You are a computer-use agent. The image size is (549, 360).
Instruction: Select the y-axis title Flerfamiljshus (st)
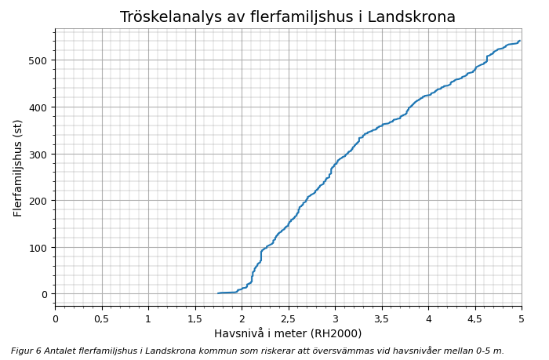18,168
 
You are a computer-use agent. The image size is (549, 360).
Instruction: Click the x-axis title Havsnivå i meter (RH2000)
288,334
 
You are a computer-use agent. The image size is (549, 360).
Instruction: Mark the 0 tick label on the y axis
44,294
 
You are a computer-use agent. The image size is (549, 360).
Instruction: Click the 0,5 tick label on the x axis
101,319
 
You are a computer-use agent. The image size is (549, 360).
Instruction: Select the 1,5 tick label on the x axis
195,319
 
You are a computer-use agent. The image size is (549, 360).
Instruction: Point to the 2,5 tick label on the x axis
288,319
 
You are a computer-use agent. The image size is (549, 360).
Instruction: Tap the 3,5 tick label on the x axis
381,319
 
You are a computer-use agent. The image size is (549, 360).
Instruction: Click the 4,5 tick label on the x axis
474,319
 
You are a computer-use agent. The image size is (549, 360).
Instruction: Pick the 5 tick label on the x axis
522,319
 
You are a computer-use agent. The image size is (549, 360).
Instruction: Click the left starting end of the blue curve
218,293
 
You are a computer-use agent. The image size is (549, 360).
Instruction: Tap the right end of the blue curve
520,41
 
